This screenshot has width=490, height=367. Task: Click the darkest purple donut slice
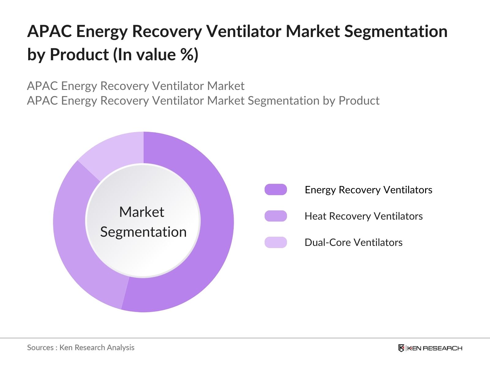[211, 232]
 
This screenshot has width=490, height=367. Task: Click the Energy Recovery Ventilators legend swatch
[276, 190]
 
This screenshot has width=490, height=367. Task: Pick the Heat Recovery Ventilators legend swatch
[276, 216]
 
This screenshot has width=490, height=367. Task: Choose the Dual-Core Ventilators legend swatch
[276, 242]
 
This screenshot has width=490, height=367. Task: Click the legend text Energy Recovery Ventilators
[368, 190]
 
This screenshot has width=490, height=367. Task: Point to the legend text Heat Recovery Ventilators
[364, 216]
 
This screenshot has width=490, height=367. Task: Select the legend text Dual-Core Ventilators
[353, 243]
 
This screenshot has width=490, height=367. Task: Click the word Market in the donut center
[141, 212]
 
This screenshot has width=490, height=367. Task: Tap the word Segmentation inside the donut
[143, 232]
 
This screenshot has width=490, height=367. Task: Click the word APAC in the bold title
[49, 32]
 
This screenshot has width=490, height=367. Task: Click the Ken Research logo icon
[401, 348]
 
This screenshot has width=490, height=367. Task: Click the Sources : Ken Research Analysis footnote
[81, 347]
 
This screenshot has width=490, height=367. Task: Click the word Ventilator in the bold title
[244, 32]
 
